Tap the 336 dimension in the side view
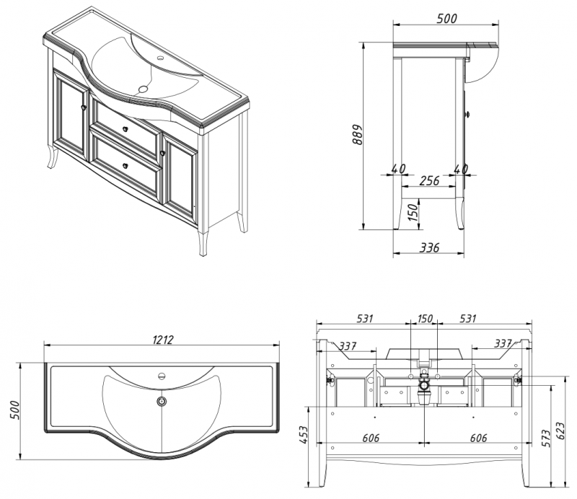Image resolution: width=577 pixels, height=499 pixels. (429, 248)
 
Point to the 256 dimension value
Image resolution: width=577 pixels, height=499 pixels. (429, 181)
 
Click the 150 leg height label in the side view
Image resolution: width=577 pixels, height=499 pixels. (412, 213)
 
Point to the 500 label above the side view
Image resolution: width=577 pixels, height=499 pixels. (446, 19)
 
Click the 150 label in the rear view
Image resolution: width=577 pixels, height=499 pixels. (426, 319)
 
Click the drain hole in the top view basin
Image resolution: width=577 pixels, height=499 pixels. (162, 400)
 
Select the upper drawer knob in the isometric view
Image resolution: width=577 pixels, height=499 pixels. (126, 130)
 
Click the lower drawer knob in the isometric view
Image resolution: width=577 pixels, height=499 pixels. (125, 165)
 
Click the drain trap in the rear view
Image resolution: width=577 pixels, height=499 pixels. (426, 381)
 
